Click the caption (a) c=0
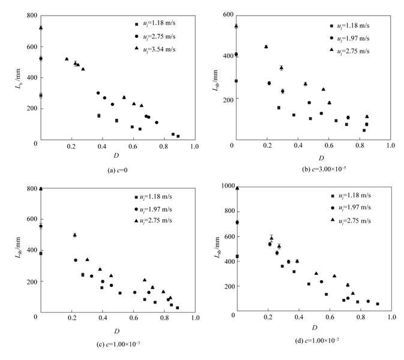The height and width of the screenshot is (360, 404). [116, 170]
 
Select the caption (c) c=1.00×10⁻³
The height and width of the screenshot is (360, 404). [115, 344]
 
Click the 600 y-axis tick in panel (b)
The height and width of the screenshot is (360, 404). [225, 13]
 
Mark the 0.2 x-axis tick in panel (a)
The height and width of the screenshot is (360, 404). [71, 146]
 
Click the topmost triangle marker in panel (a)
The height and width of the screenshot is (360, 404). [40, 28]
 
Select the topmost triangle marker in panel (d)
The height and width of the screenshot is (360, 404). [237, 188]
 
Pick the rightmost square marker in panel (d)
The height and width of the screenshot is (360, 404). [377, 304]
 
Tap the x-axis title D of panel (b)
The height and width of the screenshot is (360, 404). [313, 158]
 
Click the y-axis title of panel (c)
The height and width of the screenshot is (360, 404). [18, 252]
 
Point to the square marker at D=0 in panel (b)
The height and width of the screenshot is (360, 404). [236, 81]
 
